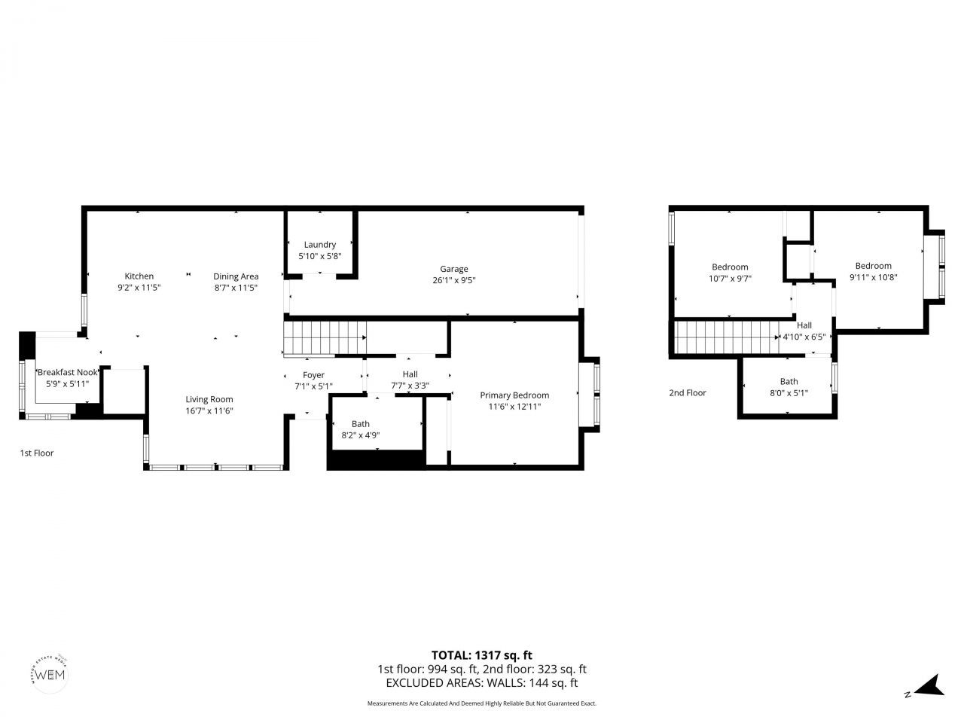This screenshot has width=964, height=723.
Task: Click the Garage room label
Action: tap(454, 269)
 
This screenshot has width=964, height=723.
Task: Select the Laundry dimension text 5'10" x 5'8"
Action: tap(320, 256)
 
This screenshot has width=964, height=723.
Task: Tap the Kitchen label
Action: tap(139, 276)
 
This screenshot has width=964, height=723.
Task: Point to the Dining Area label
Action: tap(236, 276)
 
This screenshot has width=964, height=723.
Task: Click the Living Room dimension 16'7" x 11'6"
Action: tap(209, 411)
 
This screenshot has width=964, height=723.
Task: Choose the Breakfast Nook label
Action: tap(68, 372)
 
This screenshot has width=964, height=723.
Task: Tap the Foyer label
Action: tap(313, 375)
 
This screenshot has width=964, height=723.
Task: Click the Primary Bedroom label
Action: tap(514, 395)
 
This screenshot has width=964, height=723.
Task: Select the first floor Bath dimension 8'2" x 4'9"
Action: tap(360, 435)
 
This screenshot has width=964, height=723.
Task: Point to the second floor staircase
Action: tap(727, 337)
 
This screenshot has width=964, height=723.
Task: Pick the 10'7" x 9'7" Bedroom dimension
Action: tap(730, 279)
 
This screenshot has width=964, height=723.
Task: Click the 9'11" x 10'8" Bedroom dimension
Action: tap(873, 277)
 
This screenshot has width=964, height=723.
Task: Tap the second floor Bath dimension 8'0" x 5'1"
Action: tap(789, 392)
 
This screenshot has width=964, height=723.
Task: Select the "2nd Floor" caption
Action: tap(688, 393)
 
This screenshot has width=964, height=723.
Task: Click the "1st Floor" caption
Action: tap(37, 453)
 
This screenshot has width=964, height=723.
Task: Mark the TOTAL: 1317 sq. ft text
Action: tap(481, 655)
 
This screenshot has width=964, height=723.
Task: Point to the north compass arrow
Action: tap(932, 685)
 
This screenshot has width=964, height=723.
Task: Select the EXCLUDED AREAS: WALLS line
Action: tap(481, 683)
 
